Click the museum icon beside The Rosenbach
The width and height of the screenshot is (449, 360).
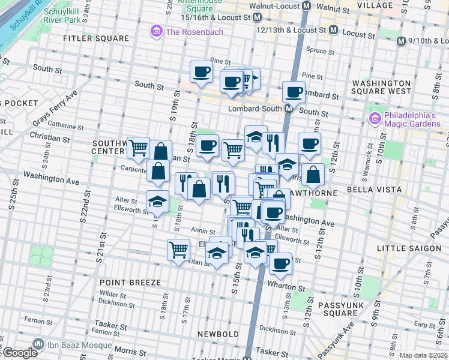point(156,31)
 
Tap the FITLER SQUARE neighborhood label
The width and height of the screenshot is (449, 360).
point(96,38)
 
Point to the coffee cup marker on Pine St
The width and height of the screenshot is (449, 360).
point(201,72)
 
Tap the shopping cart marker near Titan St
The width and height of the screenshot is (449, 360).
point(178,248)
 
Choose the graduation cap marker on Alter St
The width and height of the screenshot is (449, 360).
point(157,201)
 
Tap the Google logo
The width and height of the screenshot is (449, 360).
point(19,353)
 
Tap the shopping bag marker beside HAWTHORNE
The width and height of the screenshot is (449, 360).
point(313,175)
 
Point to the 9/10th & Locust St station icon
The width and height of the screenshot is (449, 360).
point(402,41)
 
